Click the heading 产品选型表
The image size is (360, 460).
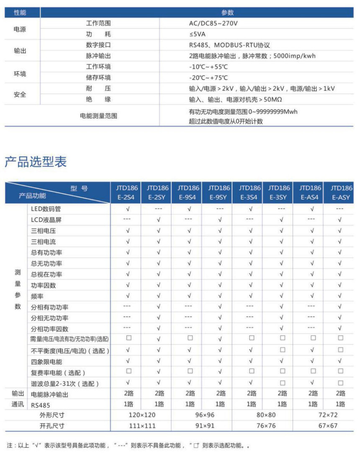coord(36,162)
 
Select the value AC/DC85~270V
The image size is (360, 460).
coord(213,23)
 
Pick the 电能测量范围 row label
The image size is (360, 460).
coord(99,116)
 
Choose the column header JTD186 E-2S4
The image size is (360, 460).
coord(126,192)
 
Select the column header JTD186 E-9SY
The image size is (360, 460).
coord(218,192)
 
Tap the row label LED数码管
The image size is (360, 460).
coord(46,209)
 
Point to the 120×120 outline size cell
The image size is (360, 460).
coord(141,415)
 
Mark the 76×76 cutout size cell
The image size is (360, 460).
coord(266,426)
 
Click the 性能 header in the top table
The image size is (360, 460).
coord(20,13)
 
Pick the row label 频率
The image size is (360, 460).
coord(37,296)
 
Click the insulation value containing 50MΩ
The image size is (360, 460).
coord(231,100)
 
